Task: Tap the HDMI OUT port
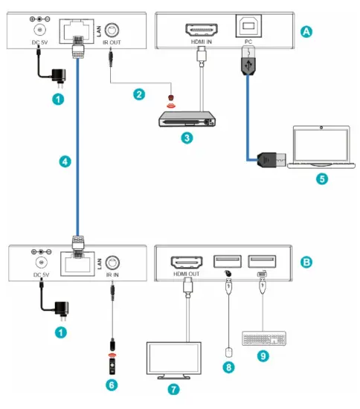[x=188, y=262]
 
